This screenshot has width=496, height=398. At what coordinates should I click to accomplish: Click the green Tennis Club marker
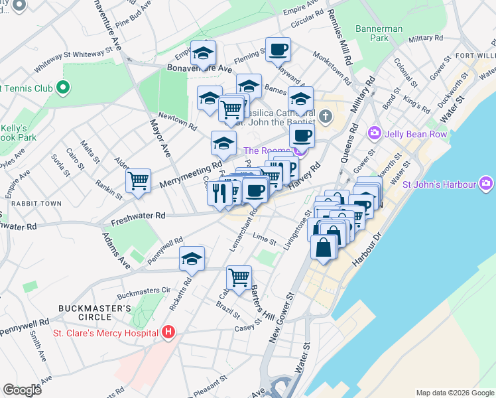pyautogui.click(x=63, y=87)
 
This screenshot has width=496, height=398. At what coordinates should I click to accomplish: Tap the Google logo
pyautogui.click(x=23, y=390)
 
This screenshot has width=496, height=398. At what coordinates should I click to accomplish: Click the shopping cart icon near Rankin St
pyautogui.click(x=138, y=180)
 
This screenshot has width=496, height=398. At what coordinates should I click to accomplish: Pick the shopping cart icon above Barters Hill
pyautogui.click(x=239, y=277)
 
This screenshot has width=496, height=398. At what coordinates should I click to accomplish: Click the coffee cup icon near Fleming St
pyautogui.click(x=278, y=48)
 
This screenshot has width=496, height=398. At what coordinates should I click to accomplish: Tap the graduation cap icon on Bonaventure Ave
pyautogui.click(x=204, y=52)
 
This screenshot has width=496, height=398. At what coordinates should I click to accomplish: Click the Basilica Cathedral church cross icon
pyautogui.click(x=325, y=117)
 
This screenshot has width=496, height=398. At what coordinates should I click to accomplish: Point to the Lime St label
pyautogui.click(x=264, y=237)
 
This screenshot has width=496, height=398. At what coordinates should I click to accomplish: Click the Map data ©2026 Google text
pyautogui.click(x=454, y=393)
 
